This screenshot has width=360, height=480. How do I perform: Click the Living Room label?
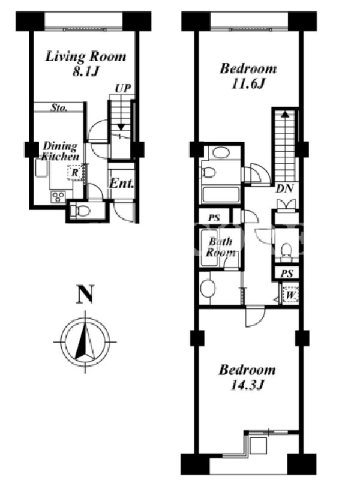(86, 57)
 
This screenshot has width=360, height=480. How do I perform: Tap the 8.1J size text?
(86, 71)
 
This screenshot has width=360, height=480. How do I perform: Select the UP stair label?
(123, 88)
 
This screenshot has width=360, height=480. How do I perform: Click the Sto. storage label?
(59, 107)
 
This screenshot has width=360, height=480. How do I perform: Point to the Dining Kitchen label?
(60, 151)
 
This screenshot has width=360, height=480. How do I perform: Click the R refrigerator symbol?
(74, 173)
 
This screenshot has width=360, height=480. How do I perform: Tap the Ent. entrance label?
(122, 184)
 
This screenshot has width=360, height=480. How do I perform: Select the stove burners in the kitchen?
(58, 196)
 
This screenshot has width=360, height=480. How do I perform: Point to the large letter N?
(85, 295)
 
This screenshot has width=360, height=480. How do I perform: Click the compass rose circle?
(85, 341)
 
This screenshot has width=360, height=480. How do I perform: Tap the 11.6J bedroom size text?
(248, 83)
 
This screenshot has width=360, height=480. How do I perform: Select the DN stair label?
(284, 188)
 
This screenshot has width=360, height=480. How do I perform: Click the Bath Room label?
(221, 247)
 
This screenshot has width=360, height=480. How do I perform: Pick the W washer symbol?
(290, 295)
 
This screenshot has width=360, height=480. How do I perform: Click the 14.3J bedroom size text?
(247, 385)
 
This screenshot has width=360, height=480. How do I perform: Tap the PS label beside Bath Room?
(214, 218)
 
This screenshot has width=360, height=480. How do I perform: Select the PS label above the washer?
(287, 273)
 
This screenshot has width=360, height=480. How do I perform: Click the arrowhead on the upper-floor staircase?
(285, 114)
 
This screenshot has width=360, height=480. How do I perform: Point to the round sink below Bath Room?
(208, 288)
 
